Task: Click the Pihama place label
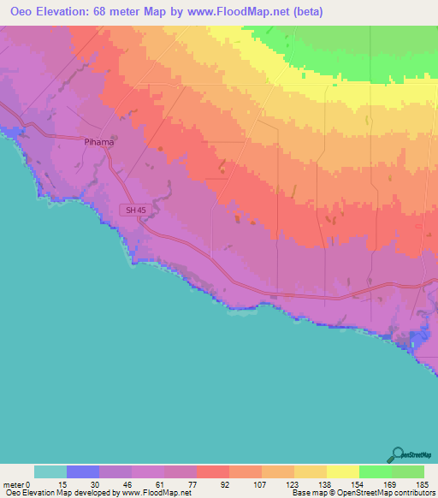[x=98, y=142]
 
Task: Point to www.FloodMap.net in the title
[x=236, y=11]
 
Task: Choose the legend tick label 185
[x=423, y=484]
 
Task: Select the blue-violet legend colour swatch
[x=83, y=471]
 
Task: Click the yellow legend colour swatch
[x=343, y=471]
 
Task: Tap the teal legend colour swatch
[x=50, y=471]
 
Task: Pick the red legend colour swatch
[x=213, y=471]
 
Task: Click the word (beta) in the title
[x=305, y=11]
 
